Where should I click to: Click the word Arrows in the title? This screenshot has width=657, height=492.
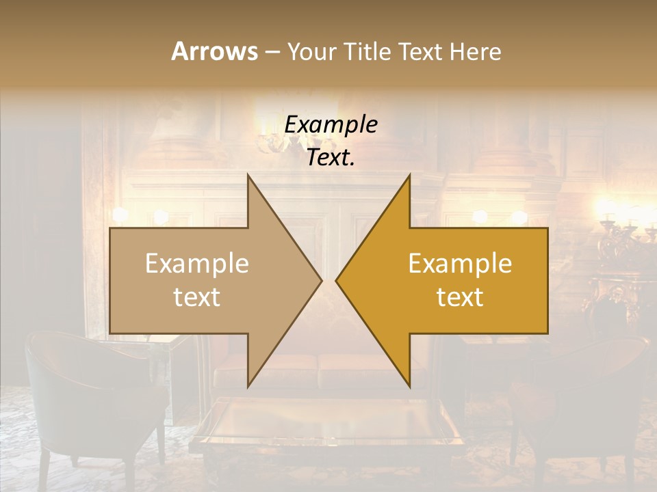click(x=214, y=51)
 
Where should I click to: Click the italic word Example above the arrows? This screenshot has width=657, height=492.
click(x=331, y=125)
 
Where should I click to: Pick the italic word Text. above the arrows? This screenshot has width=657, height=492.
click(x=331, y=158)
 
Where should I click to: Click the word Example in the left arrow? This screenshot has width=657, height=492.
click(x=197, y=264)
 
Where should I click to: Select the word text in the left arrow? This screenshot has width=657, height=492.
click(x=197, y=297)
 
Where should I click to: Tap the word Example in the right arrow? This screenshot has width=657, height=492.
click(x=460, y=264)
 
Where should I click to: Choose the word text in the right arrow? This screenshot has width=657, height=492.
click(x=460, y=297)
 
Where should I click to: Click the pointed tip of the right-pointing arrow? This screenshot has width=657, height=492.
click(x=320, y=280)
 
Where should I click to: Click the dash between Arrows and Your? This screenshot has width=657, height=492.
click(x=272, y=53)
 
